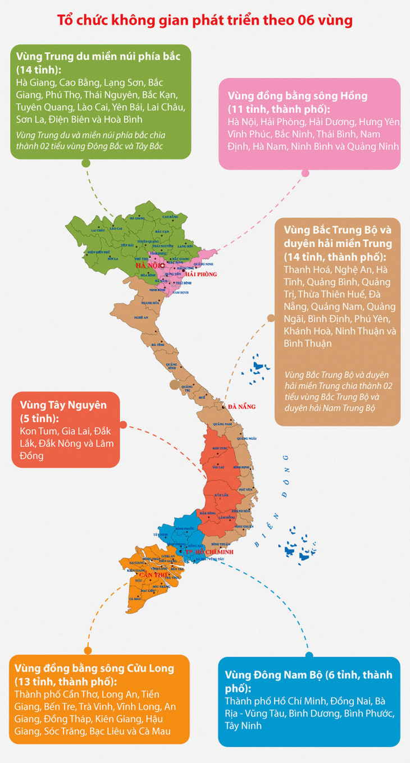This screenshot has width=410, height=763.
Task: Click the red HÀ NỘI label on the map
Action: coord(147,266)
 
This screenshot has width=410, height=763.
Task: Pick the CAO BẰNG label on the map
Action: coord(170,216)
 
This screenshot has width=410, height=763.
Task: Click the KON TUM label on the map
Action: coord(222,447)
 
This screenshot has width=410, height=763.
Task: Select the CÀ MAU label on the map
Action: coord(135,599)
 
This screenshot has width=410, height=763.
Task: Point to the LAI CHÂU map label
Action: coord(97,230)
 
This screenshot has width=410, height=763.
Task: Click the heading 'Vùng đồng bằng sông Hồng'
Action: coord(297,96)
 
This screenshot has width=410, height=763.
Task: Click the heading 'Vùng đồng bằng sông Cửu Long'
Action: coord(95,668)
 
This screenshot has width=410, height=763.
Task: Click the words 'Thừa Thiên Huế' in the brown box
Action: coord(332,294)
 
